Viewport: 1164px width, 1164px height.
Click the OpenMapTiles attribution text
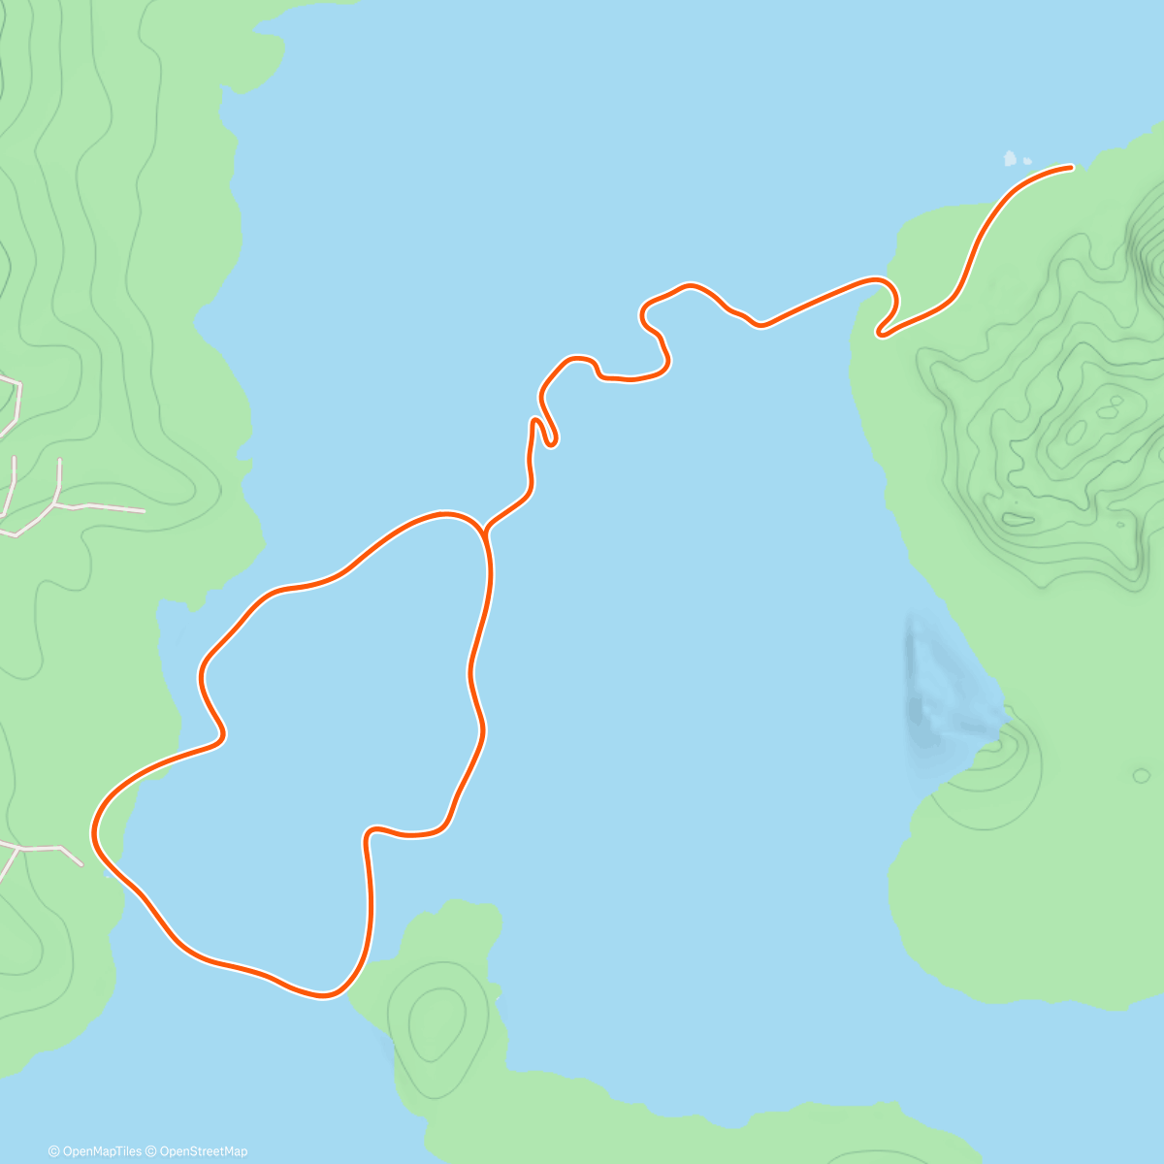[x=102, y=1151]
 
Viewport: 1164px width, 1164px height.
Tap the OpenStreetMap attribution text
[x=203, y=1151]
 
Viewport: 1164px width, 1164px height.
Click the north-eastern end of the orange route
[x=1071, y=167]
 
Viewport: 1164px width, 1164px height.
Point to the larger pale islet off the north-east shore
[x=1011, y=157]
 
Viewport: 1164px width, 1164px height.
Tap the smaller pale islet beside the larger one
[x=1027, y=161]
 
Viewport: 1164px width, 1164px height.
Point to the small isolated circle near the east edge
[x=1141, y=775]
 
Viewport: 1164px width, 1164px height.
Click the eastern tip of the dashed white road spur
[x=144, y=509]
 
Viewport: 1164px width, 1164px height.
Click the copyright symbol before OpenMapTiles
[x=53, y=1151]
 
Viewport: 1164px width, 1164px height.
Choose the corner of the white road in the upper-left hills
[x=18, y=384]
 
